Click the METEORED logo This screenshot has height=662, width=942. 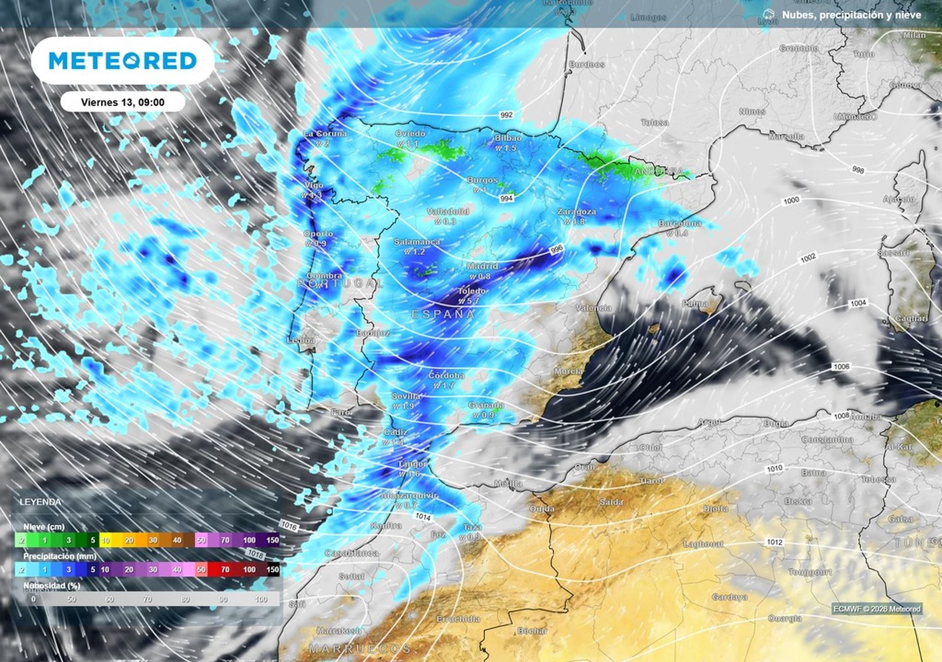click(x=122, y=61)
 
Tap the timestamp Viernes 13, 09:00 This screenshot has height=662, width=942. click(x=122, y=102)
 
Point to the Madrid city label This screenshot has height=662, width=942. click(x=482, y=267)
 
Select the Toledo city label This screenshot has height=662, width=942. click(x=472, y=291)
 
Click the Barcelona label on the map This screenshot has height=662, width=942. click(x=679, y=224)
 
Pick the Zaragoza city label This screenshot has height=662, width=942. click(x=576, y=211)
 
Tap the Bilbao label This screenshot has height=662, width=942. click(x=508, y=138)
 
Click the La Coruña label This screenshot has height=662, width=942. click(x=325, y=134)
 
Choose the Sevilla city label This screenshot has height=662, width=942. click(x=406, y=396)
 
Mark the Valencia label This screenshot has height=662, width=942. click(x=593, y=308)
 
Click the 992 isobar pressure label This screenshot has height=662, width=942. click(x=506, y=115)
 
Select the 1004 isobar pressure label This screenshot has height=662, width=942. click(x=858, y=303)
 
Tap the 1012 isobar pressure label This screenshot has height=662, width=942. click(x=774, y=542)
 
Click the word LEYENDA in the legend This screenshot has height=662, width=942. click(x=40, y=502)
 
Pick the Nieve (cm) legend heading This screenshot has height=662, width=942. click(x=44, y=527)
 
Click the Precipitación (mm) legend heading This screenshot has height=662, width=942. click(x=59, y=556)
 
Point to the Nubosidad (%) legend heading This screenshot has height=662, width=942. click(x=52, y=586)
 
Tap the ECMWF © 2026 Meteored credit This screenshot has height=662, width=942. click(x=877, y=609)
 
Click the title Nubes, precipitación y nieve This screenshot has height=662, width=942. click(x=851, y=15)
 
